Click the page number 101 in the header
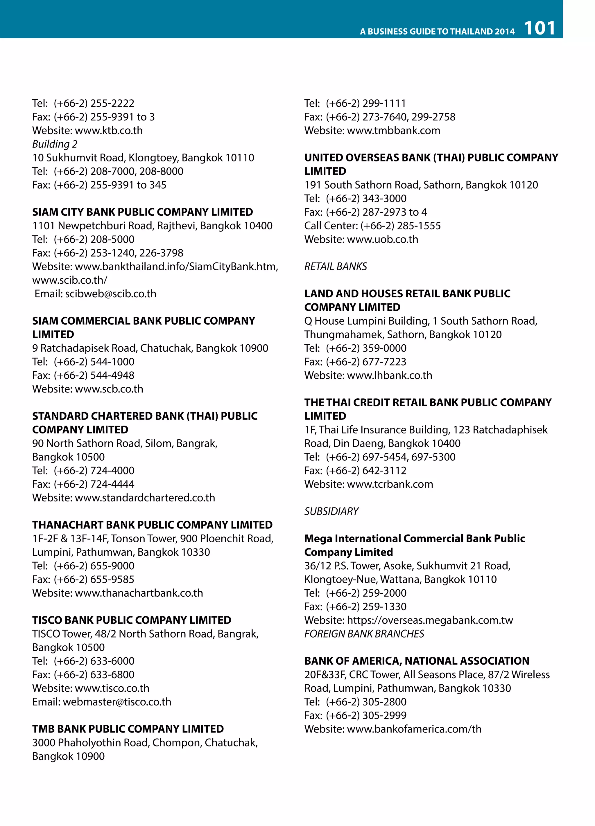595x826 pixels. pyautogui.click(x=540, y=28)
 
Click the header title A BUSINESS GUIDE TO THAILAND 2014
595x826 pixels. pyautogui.click(x=437, y=32)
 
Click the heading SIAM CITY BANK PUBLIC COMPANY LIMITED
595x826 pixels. pyautogui.click(x=142, y=212)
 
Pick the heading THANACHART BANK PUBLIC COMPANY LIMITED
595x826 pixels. pyautogui.click(x=152, y=525)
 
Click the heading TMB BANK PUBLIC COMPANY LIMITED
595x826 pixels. pyautogui.click(x=128, y=729)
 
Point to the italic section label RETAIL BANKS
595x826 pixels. pyautogui.click(x=336, y=267)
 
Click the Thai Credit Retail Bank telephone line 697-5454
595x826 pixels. pyautogui.click(x=380, y=457)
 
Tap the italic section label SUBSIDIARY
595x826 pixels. pyautogui.click(x=331, y=511)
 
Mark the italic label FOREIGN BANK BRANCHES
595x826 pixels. pyautogui.click(x=364, y=634)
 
